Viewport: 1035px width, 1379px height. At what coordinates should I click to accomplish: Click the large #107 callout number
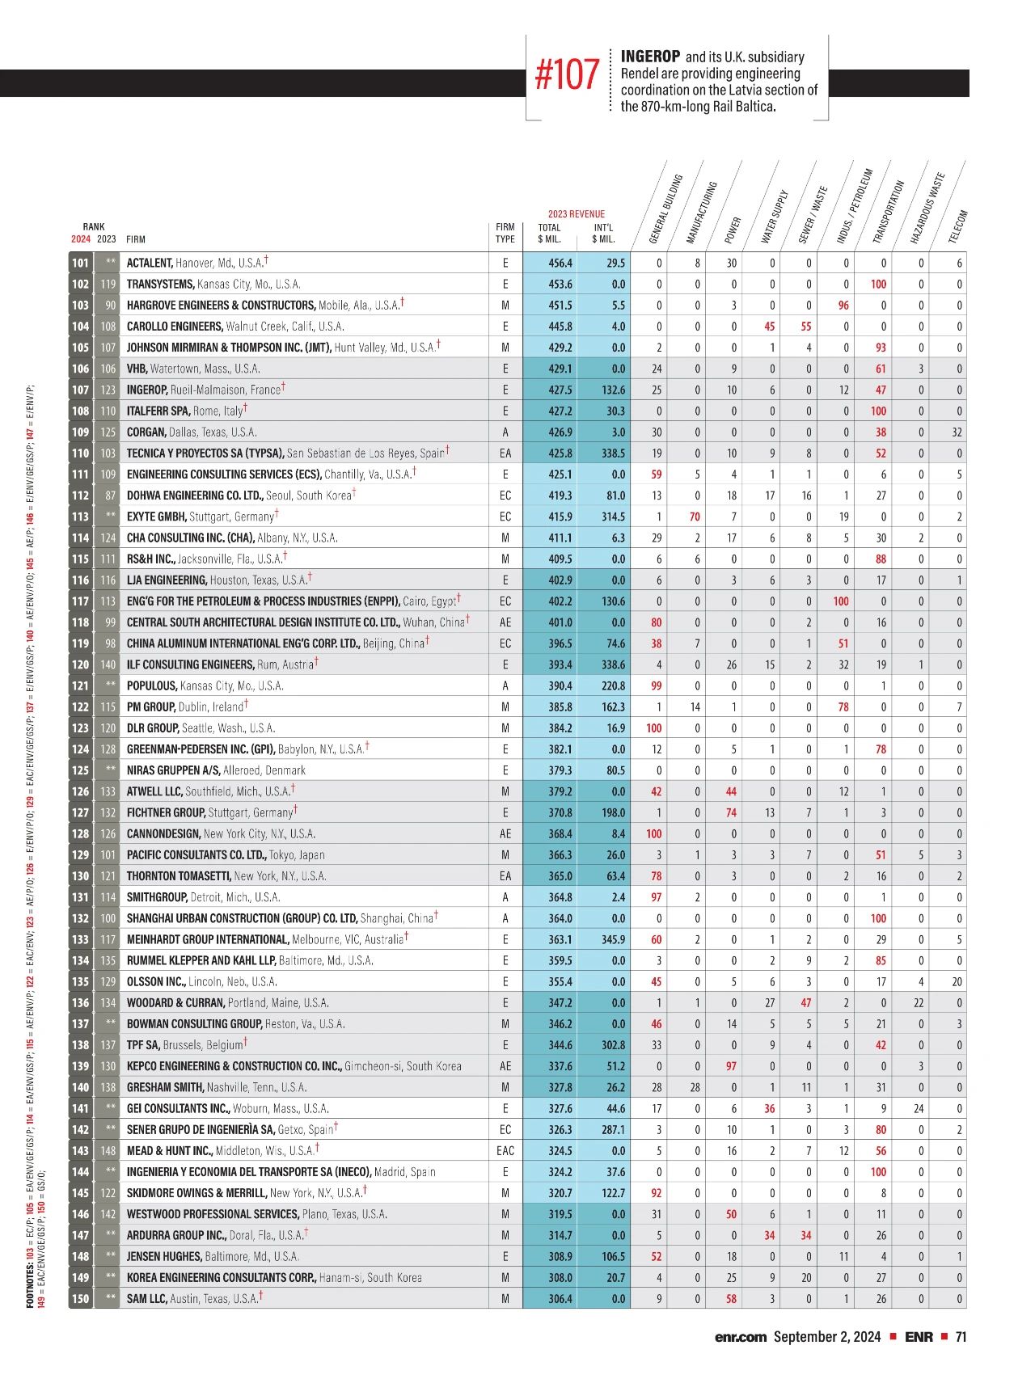click(x=567, y=76)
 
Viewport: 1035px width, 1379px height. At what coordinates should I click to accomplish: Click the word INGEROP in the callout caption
click(x=650, y=57)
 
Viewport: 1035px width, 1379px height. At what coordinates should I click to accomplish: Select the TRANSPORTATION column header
click(x=887, y=211)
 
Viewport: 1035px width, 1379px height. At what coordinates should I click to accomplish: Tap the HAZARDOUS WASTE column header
click(x=926, y=208)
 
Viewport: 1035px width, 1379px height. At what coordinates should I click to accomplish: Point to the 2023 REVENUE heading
click(x=576, y=213)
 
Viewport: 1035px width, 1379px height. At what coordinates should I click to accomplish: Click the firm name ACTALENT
click(x=150, y=264)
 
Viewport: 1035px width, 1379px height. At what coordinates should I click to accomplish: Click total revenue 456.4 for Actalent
click(x=560, y=264)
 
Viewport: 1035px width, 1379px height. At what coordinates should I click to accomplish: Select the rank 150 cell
click(x=80, y=1298)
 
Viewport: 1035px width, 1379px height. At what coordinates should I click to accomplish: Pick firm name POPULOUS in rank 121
click(x=151, y=685)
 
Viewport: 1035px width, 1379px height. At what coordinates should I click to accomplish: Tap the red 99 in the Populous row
click(x=656, y=685)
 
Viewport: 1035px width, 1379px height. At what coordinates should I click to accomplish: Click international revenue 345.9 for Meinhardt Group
click(x=614, y=939)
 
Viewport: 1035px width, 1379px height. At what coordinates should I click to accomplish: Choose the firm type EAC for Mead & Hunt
click(x=505, y=1150)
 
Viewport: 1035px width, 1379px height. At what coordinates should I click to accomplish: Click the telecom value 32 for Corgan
click(x=957, y=432)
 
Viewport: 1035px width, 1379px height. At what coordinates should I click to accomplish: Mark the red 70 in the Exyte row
click(x=694, y=517)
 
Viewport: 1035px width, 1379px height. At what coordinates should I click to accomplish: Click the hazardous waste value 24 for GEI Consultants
click(x=919, y=1108)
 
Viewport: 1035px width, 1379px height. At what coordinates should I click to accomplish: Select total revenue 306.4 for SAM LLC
click(x=560, y=1298)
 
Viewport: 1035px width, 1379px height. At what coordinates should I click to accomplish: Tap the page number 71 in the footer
click(x=961, y=1337)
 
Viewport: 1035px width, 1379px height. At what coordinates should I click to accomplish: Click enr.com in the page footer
click(x=740, y=1337)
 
